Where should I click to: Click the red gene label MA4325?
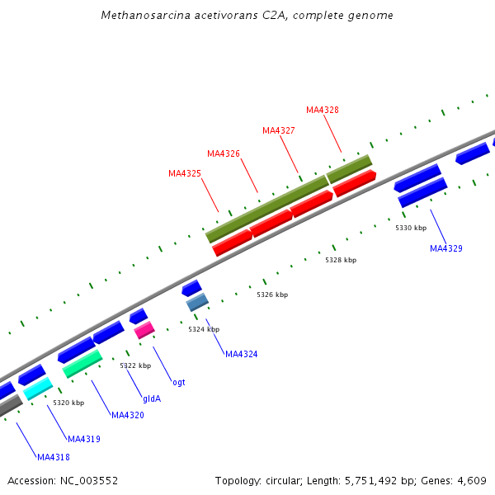[x=185, y=173]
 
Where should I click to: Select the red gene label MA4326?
[x=224, y=153]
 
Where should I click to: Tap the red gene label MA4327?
[x=279, y=130]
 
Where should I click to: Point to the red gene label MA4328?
[x=323, y=110]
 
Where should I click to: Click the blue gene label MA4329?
[x=446, y=248]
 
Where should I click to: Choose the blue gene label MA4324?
[x=242, y=354]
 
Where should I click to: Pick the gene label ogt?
[x=179, y=382]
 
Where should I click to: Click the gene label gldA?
[x=152, y=398]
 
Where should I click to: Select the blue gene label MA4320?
[x=128, y=415]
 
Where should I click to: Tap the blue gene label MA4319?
[x=84, y=439]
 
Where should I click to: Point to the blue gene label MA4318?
[x=54, y=456]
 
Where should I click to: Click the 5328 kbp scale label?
[x=341, y=260]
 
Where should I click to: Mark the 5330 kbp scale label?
[x=411, y=228]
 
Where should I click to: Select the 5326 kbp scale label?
[x=272, y=295]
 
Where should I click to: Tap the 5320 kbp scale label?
[x=68, y=403]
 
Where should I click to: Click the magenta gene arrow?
[x=144, y=330]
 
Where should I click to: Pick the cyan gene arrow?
[x=38, y=389]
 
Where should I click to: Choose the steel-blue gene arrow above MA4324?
[x=197, y=303]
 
